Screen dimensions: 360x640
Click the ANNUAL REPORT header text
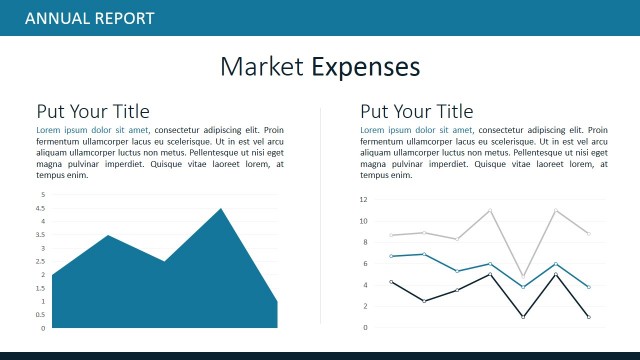[89, 18]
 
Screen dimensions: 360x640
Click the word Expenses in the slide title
[365, 67]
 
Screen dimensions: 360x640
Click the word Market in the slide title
[261, 67]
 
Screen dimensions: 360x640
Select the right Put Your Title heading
[417, 111]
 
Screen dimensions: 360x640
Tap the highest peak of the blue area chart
[221, 208]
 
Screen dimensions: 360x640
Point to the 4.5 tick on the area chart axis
[41, 208]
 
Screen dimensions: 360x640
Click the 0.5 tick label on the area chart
[41, 315]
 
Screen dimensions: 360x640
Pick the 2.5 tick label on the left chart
[41, 261]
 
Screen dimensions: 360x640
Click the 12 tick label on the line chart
[364, 199]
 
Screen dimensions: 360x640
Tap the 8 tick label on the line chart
[365, 242]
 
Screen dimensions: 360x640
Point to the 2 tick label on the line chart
[365, 306]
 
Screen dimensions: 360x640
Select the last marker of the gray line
[588, 233]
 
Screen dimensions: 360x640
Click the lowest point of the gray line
[523, 275]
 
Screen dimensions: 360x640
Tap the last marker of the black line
[588, 317]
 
